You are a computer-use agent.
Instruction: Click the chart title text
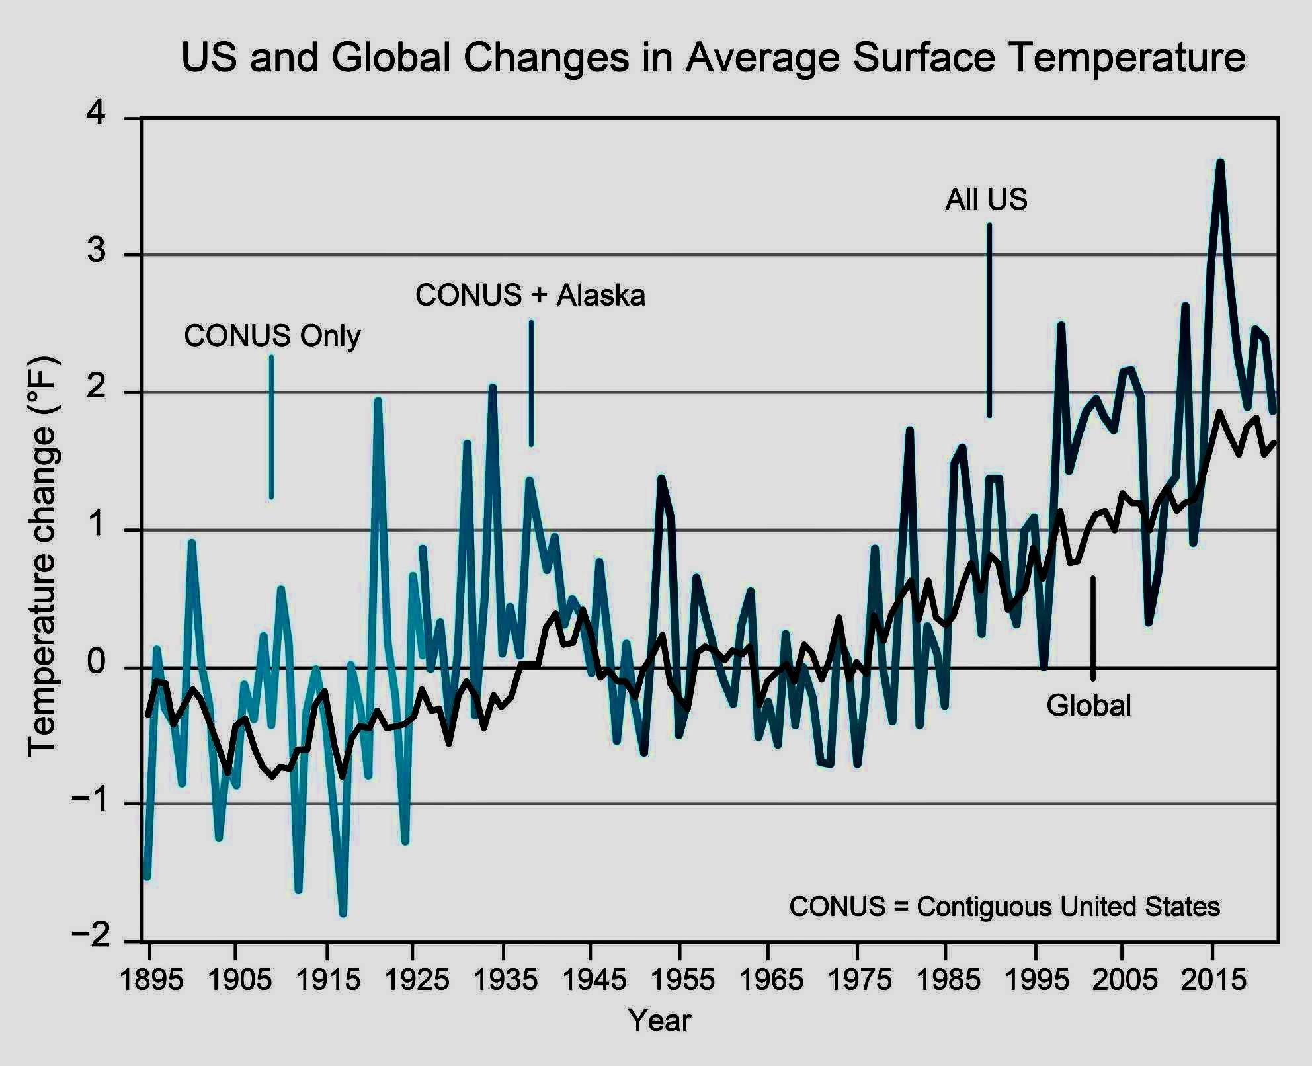[x=713, y=58]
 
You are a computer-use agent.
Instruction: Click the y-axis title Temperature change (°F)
[x=42, y=557]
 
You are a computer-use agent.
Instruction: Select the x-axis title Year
[x=659, y=1020]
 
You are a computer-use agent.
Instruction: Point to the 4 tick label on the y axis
[x=97, y=115]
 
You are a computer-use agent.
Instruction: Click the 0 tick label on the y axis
[x=97, y=663]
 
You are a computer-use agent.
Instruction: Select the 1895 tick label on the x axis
[x=151, y=979]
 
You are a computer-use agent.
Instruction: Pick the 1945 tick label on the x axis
[x=593, y=979]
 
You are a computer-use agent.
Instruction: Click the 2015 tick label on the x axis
[x=1213, y=979]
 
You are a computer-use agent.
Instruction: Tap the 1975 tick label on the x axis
[x=859, y=979]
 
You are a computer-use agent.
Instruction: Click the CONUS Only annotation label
[x=272, y=336]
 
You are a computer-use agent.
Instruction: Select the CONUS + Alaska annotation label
[x=530, y=295]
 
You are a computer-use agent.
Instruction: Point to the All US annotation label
[x=987, y=199]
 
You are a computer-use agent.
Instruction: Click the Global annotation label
[x=1088, y=706]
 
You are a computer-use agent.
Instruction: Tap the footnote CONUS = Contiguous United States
[x=1004, y=906]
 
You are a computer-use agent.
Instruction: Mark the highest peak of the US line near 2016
[x=1220, y=163]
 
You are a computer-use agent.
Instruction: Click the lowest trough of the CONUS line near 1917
[x=343, y=913]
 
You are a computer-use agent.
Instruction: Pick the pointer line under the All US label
[x=989, y=321]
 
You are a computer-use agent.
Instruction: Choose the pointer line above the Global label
[x=1092, y=628]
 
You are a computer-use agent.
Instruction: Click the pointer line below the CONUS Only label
[x=271, y=427]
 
